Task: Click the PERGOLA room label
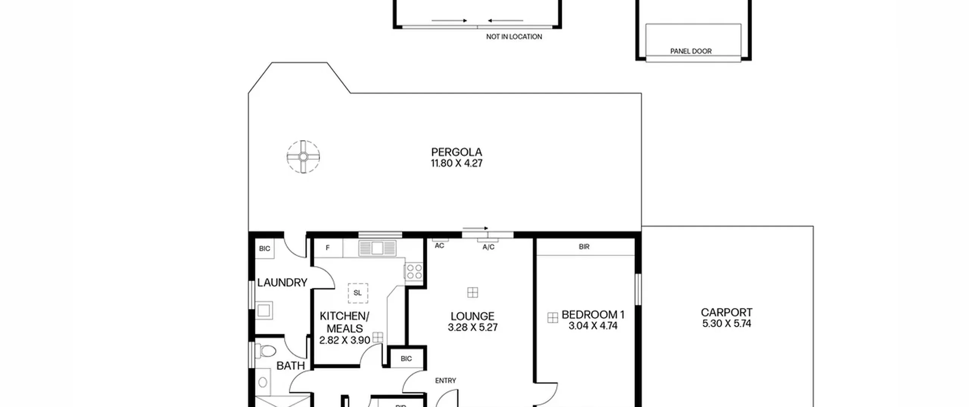point(456,152)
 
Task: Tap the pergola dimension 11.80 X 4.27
point(456,163)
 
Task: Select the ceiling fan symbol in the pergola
point(303,157)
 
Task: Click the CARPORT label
point(726,313)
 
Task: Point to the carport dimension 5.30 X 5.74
point(726,324)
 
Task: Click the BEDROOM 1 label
point(593,315)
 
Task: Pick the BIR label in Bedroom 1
point(584,247)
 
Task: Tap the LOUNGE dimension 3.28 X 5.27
point(472,327)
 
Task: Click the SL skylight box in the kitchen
point(358,293)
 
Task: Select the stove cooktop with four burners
point(414,272)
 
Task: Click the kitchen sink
point(377,248)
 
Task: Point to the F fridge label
point(328,248)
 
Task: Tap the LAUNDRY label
point(282,283)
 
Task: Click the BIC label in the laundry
point(265,249)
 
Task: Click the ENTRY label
point(446,381)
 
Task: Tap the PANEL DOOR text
point(691,51)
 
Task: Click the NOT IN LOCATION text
point(514,37)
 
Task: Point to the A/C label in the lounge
point(488,247)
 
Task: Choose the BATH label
point(290,366)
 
